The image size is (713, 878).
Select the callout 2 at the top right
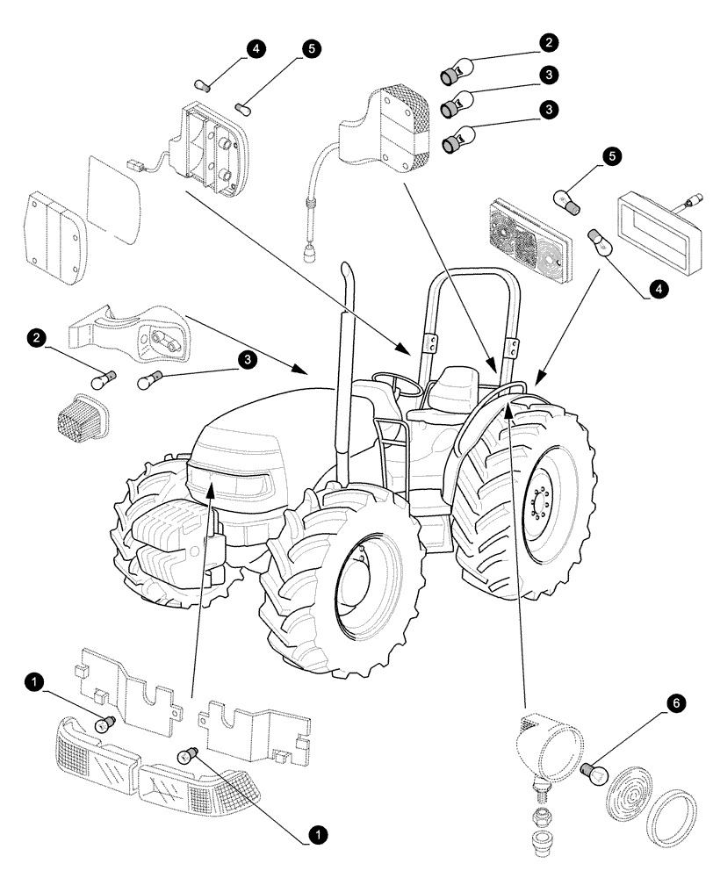(x=548, y=42)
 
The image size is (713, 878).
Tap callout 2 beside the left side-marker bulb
(x=35, y=337)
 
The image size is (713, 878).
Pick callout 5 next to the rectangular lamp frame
(x=611, y=156)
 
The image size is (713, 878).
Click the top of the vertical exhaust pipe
(x=347, y=268)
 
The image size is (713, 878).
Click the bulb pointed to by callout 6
(x=596, y=774)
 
